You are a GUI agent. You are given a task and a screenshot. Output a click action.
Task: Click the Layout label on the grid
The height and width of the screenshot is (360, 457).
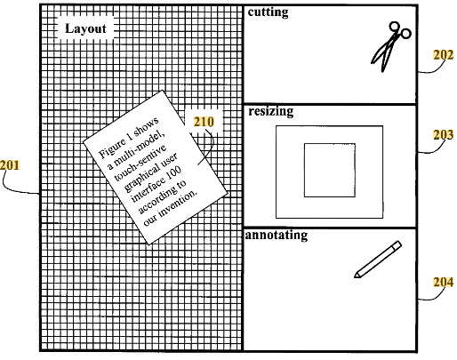pos(85,28)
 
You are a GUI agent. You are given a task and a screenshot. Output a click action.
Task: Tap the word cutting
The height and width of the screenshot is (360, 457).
pos(268,12)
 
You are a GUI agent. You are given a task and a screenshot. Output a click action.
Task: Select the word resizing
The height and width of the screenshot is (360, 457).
pos(271,111)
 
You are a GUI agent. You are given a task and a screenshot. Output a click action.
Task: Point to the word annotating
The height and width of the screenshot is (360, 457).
pos(277,236)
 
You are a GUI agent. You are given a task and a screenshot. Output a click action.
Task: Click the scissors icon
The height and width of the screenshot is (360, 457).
pos(390,47)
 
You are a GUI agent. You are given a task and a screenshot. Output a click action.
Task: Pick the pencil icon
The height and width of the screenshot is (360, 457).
pos(378,260)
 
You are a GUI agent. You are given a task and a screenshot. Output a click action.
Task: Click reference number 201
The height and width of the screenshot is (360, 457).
pos(10,165)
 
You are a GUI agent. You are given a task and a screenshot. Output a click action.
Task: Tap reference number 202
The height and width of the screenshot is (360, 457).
pos(444,55)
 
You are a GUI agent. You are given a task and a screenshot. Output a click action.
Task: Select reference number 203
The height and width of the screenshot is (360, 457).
pos(444,135)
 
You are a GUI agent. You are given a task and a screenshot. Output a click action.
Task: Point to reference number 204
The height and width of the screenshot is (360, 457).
pos(444,282)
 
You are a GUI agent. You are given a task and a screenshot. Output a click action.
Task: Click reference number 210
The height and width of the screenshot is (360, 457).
pos(204,122)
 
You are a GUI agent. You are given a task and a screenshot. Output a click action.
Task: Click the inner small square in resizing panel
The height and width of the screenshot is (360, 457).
pos(330,143)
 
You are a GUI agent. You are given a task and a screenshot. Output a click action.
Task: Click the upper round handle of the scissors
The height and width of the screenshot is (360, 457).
pos(395,27)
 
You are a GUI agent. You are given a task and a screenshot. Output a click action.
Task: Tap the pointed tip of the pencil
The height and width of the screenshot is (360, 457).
pos(355,277)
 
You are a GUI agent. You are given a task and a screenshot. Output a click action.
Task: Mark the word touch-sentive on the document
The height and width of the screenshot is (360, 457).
pos(140,163)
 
